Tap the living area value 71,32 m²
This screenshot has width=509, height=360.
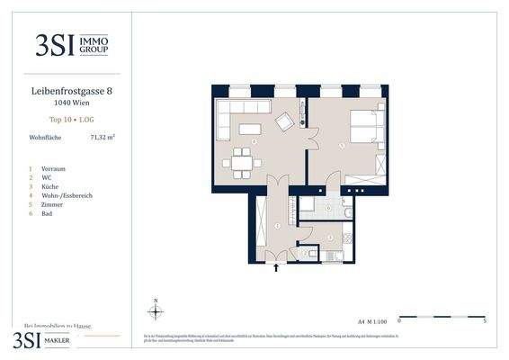103,138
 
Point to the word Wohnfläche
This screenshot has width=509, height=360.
46,138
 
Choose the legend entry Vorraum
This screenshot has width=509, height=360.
53,168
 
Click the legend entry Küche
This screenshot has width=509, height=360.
51,186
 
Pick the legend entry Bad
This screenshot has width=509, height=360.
48,213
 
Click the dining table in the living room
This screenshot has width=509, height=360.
242,163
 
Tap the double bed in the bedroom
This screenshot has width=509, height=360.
367,127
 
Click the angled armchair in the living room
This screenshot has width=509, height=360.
285,121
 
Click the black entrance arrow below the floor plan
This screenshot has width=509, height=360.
277,265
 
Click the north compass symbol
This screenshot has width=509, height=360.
156,311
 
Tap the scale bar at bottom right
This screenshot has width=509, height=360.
442,317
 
